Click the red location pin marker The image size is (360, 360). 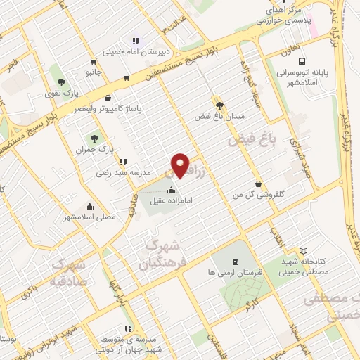[x=181, y=165]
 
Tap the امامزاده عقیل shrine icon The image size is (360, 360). [x=172, y=190]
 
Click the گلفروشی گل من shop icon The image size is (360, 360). [x=259, y=184]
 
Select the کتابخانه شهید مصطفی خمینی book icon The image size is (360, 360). [x=303, y=251]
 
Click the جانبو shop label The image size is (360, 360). [x=94, y=72]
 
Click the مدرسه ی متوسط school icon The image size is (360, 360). [x=127, y=328]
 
